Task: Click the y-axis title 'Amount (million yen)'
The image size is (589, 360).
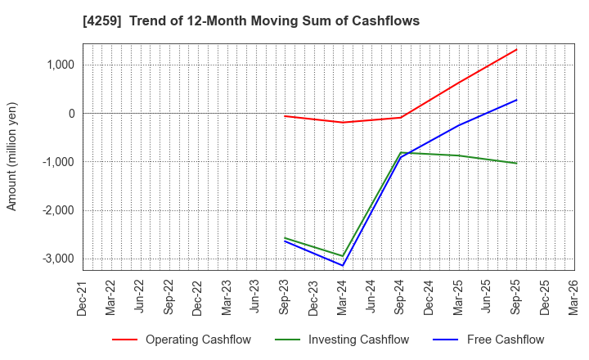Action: (12, 156)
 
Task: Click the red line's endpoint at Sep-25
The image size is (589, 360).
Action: (516, 49)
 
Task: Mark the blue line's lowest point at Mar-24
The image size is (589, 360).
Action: (343, 265)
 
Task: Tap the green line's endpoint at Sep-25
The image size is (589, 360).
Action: (516, 163)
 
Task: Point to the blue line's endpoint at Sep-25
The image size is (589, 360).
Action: (516, 100)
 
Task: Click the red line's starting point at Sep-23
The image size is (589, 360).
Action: (285, 116)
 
